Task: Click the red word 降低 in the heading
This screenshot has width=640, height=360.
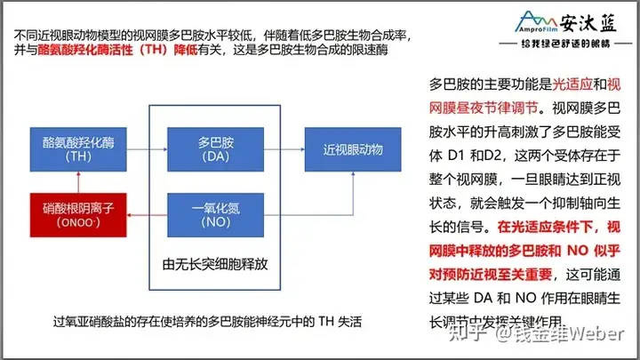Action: (226, 52)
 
